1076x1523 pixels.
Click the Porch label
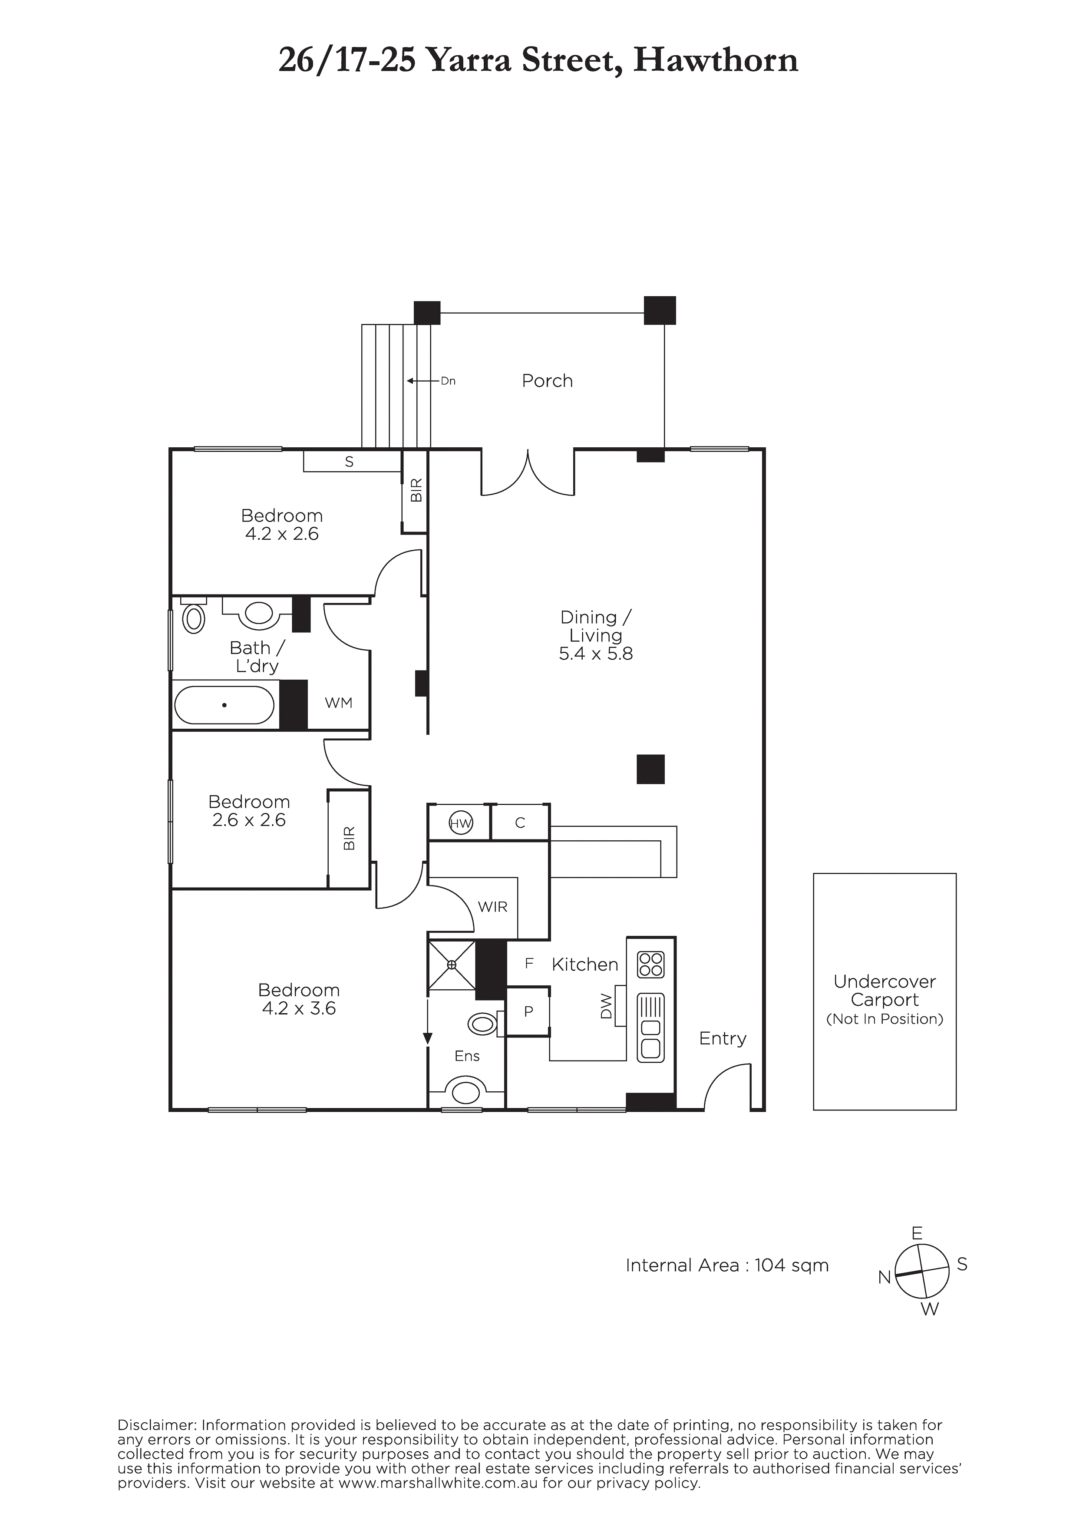547,381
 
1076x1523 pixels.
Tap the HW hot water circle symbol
460,824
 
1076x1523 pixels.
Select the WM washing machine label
338,703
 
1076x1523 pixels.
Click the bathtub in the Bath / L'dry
224,705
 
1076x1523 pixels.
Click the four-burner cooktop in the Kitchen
650,965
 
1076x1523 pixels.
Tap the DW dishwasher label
606,1006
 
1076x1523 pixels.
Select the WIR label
492,907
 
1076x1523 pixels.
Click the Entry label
723,1039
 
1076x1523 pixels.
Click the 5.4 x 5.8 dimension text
596,654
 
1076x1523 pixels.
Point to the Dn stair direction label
449,381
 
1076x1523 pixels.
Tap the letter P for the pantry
529,1011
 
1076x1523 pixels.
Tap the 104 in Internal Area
769,1265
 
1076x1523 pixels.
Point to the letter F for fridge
529,963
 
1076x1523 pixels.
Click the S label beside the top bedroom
349,462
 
